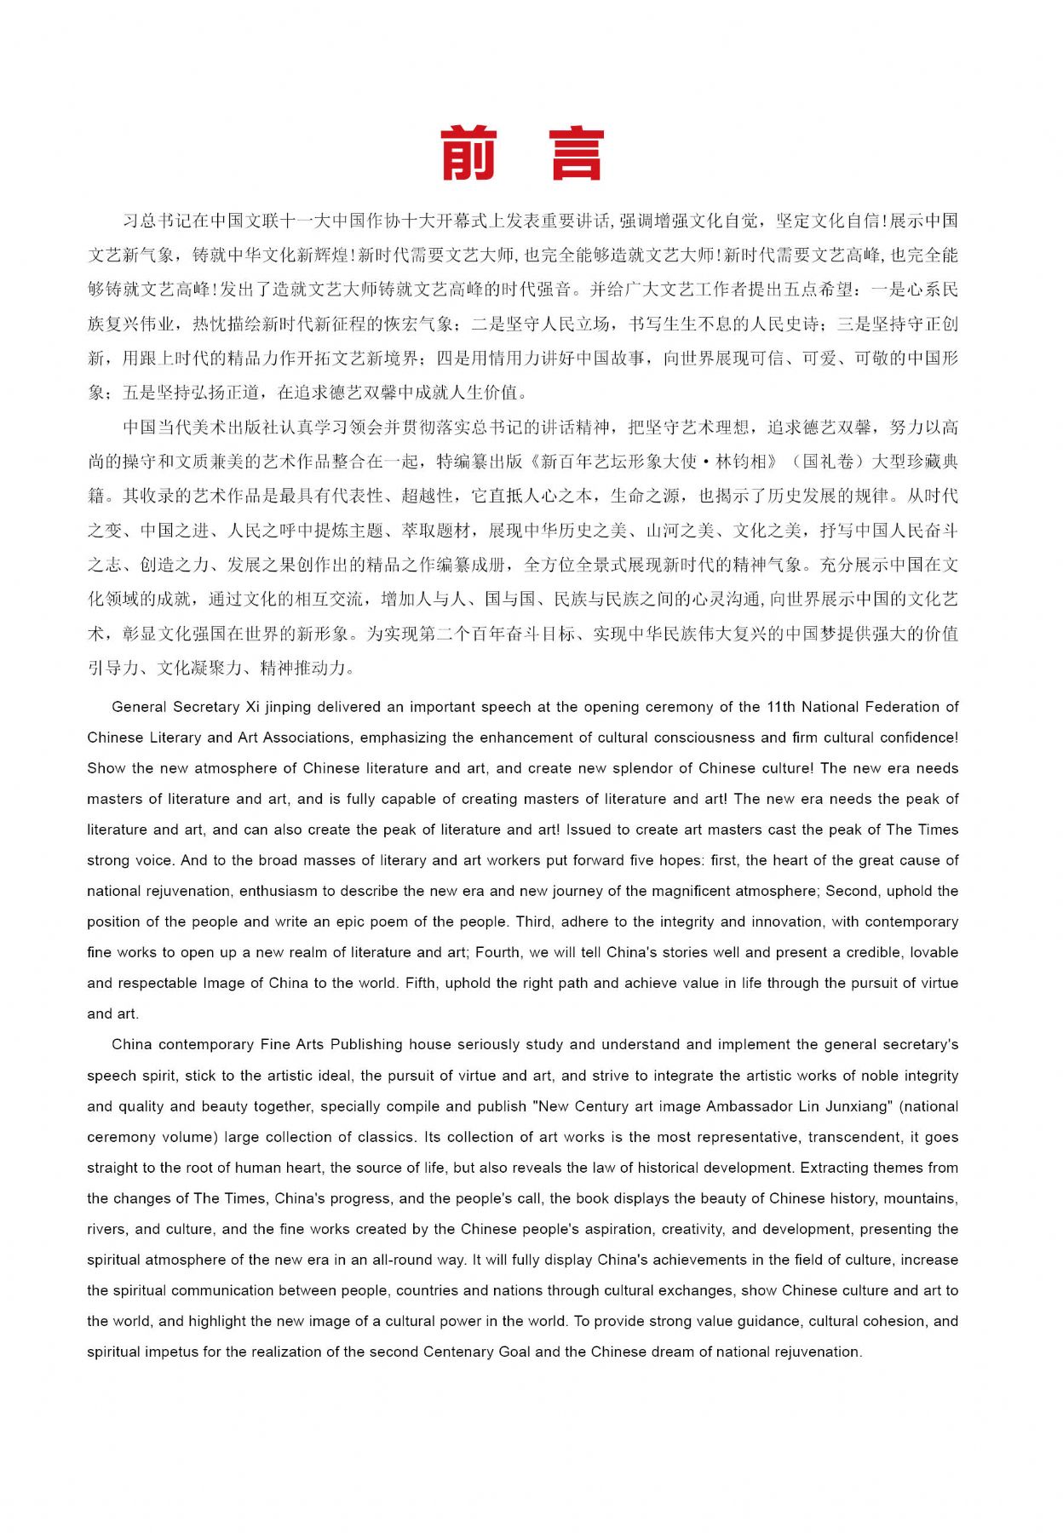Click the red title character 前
click(x=468, y=154)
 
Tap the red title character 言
click(x=577, y=154)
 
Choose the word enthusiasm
click(x=278, y=891)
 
